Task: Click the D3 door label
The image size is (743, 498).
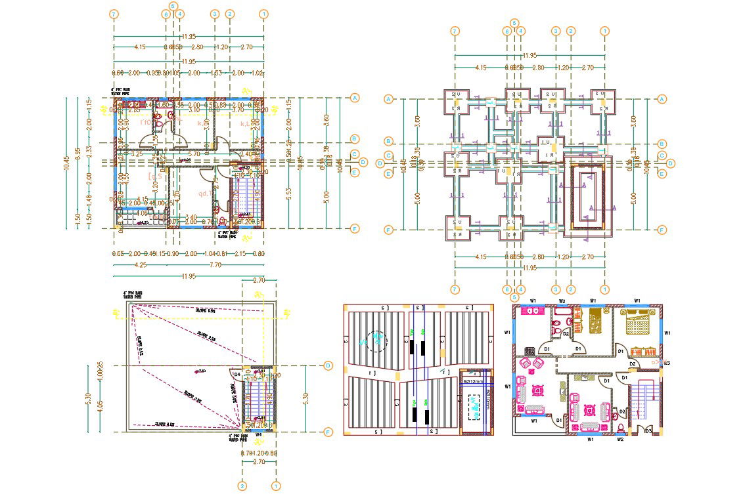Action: (x=648, y=430)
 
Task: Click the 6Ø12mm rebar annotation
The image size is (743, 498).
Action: (x=472, y=381)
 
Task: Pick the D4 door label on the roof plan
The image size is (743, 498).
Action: (x=237, y=374)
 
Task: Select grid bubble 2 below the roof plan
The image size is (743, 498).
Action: (x=242, y=486)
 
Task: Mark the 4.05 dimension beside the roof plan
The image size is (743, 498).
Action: (x=100, y=405)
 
